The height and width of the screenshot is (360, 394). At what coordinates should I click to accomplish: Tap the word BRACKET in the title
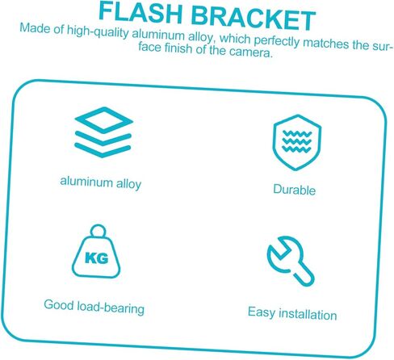(x=254, y=18)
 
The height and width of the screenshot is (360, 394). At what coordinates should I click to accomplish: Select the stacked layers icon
(x=103, y=132)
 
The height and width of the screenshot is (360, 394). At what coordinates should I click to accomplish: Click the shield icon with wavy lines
(x=297, y=143)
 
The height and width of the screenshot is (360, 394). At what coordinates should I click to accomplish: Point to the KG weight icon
(x=96, y=251)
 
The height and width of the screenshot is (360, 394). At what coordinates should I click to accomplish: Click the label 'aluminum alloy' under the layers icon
(x=101, y=183)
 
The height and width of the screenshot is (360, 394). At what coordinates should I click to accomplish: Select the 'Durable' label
(x=295, y=190)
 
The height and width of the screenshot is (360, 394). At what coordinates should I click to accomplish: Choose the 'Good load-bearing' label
(x=94, y=307)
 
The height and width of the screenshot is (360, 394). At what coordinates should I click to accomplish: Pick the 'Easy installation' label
(x=292, y=314)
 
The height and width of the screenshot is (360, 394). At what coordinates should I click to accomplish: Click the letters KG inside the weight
(x=97, y=258)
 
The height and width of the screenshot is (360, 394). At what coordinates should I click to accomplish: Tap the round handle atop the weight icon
(x=98, y=231)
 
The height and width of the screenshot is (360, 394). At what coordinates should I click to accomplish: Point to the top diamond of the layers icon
(x=104, y=120)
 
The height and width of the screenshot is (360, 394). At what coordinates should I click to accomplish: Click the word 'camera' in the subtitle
(x=249, y=52)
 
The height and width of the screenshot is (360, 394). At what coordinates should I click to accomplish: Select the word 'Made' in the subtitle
(x=35, y=28)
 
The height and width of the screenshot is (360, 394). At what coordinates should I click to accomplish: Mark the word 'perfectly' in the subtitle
(x=276, y=42)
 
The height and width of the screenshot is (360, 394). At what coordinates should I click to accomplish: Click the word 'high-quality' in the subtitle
(x=98, y=33)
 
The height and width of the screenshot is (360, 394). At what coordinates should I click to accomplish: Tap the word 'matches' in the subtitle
(x=326, y=43)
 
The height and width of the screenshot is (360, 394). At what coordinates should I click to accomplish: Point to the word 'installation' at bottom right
(x=308, y=314)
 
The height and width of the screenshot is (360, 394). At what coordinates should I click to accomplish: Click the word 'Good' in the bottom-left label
(x=59, y=305)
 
